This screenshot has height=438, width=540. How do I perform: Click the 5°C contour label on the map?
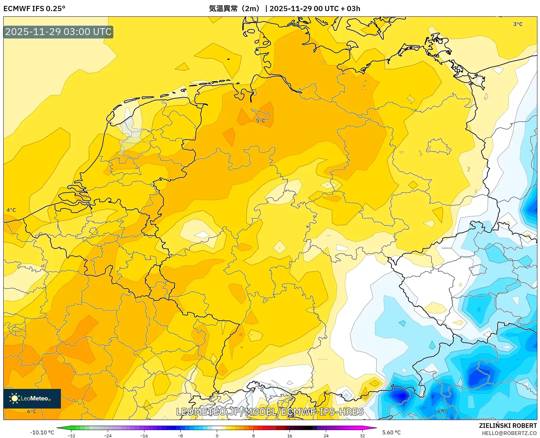[261, 120]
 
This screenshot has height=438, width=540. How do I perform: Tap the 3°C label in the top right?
[518, 24]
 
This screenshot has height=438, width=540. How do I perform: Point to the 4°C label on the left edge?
[11, 210]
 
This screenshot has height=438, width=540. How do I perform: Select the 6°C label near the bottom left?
[32, 411]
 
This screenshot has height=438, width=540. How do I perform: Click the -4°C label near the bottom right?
[441, 411]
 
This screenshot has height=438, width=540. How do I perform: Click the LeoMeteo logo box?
[32, 398]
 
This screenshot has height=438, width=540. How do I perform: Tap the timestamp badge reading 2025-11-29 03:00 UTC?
[58, 32]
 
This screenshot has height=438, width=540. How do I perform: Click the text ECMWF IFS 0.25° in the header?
[34, 9]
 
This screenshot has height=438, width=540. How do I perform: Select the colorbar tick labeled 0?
[217, 436]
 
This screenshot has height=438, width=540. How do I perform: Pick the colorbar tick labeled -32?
[71, 436]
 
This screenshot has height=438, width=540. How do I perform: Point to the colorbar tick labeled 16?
[289, 436]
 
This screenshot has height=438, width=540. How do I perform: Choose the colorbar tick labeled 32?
[362, 436]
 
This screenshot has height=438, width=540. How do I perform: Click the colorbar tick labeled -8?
[180, 436]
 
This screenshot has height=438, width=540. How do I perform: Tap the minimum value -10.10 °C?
[42, 432]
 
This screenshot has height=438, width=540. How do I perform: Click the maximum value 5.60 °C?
[391, 432]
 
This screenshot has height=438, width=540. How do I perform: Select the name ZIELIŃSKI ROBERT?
[508, 426]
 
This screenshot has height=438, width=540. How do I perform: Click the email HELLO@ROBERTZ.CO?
[509, 433]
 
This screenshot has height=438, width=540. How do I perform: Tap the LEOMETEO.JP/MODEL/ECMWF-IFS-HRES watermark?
[270, 411]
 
